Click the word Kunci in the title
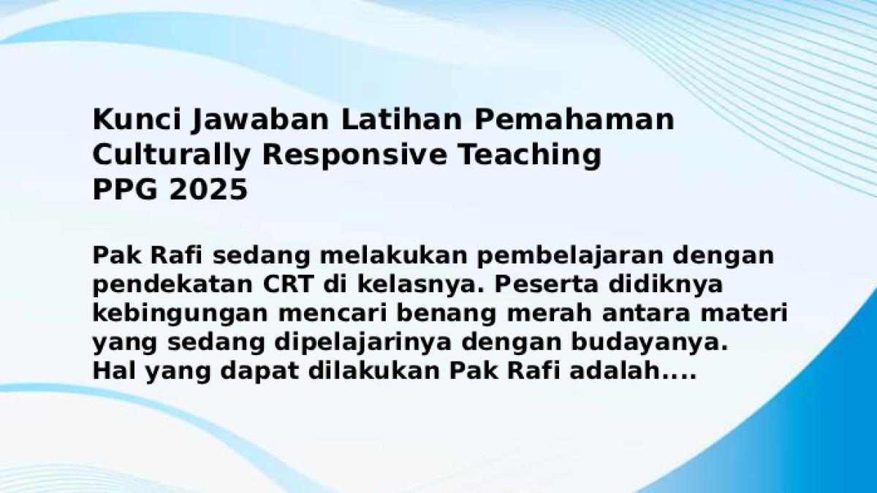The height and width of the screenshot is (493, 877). (137, 119)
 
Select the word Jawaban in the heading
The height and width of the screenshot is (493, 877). (259, 121)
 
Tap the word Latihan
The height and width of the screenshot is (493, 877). (402, 119)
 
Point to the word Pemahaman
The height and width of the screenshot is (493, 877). (574, 119)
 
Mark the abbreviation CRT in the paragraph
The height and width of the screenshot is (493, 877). (289, 284)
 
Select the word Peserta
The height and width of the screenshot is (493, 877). (546, 284)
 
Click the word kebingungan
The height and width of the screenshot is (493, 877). (180, 315)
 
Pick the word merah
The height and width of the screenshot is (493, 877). (549, 313)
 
